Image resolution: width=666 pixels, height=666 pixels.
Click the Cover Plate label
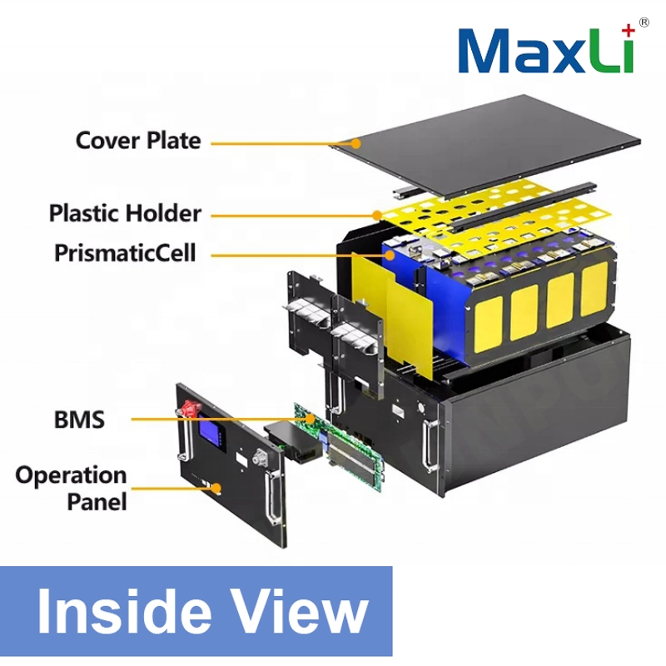click(x=138, y=140)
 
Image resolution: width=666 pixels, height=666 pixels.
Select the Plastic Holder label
click(x=125, y=212)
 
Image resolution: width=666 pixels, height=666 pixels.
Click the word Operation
click(x=71, y=475)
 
